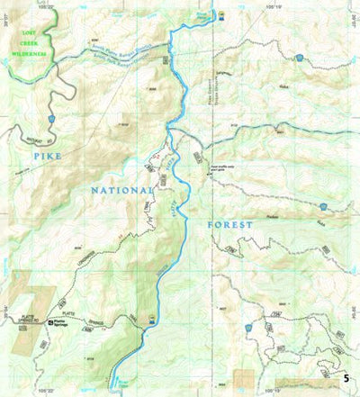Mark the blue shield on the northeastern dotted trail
point(299,58)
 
